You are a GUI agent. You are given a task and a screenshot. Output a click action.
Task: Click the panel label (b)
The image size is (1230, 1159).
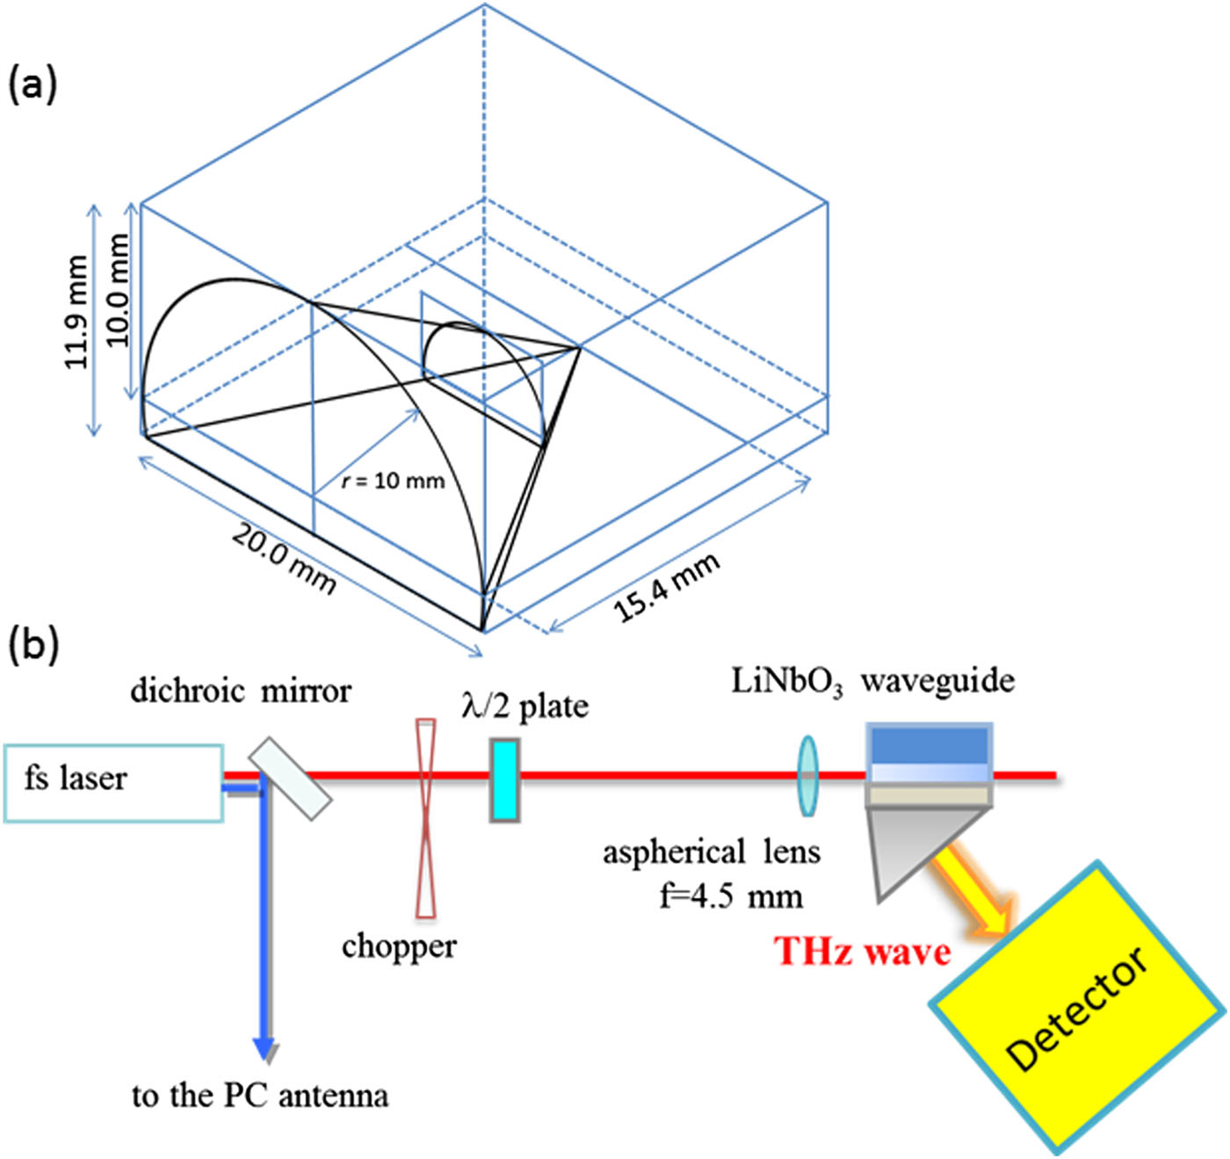pos(33,643)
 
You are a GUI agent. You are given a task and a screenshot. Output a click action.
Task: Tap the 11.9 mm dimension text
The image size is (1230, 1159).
pos(77,312)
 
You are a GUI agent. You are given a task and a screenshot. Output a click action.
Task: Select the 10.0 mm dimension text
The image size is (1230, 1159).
pos(116,289)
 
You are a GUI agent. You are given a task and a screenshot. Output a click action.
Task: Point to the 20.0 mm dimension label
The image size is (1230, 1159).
pos(284,558)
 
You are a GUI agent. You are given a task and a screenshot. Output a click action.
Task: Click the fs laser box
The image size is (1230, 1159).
pos(113,783)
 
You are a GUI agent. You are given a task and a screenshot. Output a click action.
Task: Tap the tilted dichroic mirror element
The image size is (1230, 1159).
pos(290,778)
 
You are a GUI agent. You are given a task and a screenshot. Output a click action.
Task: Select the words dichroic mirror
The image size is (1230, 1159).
pos(240,691)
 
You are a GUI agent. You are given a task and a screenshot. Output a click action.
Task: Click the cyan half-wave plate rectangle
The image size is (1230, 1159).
pos(504,780)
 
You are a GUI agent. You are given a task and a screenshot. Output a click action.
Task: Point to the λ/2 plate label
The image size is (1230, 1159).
pos(525,706)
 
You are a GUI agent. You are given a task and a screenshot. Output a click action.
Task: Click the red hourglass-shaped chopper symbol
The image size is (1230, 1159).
pos(425,817)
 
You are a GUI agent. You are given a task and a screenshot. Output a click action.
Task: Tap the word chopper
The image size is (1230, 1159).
pos(399,946)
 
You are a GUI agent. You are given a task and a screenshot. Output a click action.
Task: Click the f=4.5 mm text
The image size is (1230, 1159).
pos(731,896)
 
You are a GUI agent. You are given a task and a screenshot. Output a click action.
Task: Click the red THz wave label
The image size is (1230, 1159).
pos(861,952)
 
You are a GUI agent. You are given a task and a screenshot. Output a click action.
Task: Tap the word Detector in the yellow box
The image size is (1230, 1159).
pos(1077,1008)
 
